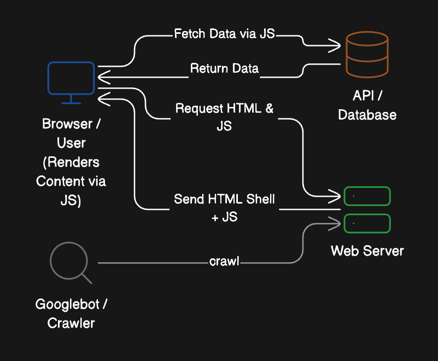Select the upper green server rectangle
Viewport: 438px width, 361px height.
pyautogui.click(x=367, y=196)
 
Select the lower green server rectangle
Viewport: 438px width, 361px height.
pyautogui.click(x=367, y=223)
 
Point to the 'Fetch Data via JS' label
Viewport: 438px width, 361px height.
pyautogui.click(x=224, y=34)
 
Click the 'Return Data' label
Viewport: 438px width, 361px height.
pyautogui.click(x=224, y=69)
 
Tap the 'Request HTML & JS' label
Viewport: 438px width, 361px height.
pyautogui.click(x=224, y=116)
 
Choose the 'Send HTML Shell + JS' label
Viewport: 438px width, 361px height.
pyautogui.click(x=224, y=207)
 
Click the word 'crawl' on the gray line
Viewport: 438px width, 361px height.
pyautogui.click(x=224, y=262)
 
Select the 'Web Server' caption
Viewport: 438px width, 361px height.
pyautogui.click(x=367, y=251)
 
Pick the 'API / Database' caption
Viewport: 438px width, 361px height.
pyautogui.click(x=367, y=106)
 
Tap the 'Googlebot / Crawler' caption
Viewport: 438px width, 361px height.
pyautogui.click(x=71, y=313)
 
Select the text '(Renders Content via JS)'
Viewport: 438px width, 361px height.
pyautogui.click(x=71, y=181)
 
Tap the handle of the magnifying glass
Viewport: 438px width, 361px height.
pyautogui.click(x=86, y=278)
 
